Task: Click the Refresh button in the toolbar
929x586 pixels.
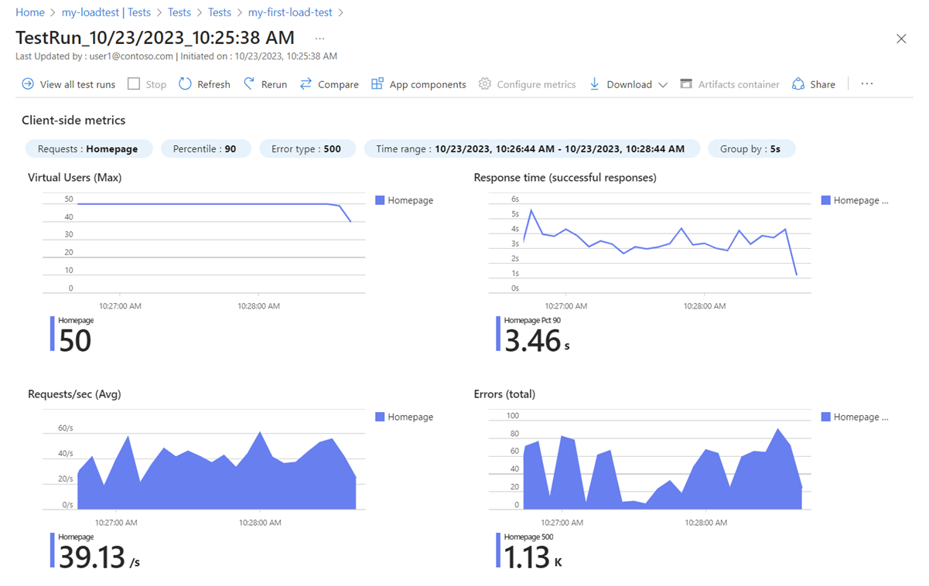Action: (204, 84)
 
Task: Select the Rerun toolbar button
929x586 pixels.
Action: (265, 84)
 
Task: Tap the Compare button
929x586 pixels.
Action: (330, 84)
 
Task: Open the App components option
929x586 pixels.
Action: (418, 84)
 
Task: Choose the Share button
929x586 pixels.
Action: (814, 84)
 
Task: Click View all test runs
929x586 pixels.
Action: (68, 84)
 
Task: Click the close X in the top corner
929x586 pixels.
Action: (901, 39)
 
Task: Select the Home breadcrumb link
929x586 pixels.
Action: (30, 12)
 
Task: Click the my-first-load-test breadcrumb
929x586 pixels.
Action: (291, 12)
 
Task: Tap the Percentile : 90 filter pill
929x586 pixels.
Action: (205, 148)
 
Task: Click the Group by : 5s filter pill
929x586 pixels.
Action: (751, 148)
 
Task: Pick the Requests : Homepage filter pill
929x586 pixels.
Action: (88, 148)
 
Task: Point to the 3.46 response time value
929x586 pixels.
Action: (532, 340)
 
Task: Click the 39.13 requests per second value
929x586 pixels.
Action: (91, 557)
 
